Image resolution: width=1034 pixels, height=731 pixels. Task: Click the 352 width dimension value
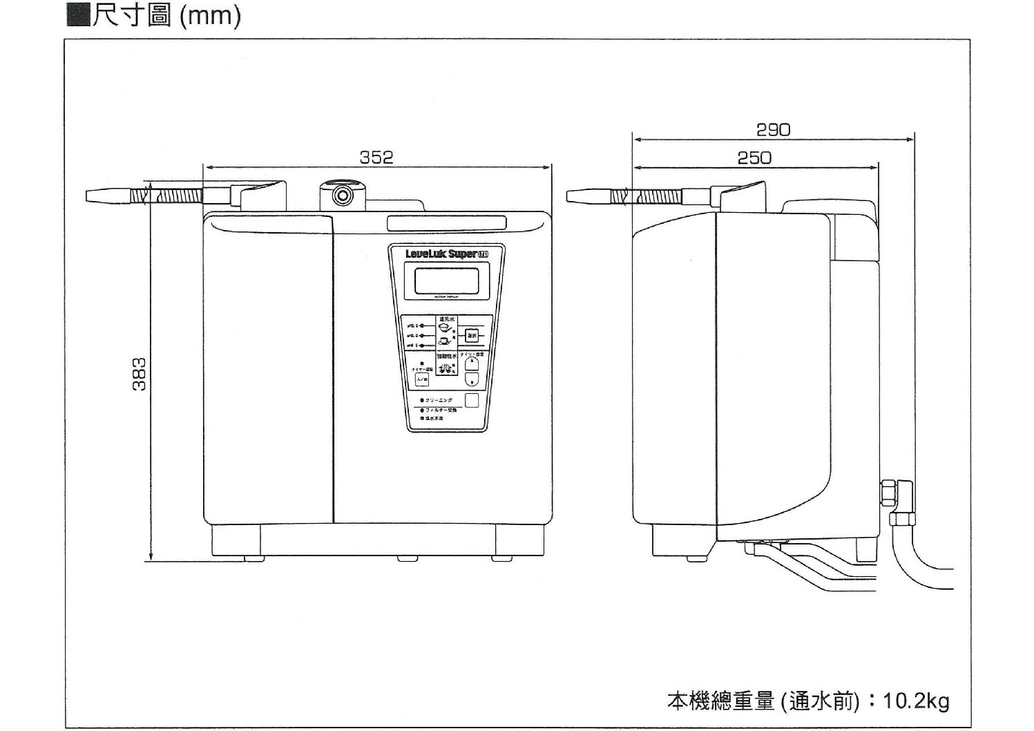click(x=376, y=158)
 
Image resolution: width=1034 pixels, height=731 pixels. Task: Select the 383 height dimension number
click(x=139, y=374)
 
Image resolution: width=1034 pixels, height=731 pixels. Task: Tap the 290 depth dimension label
click(x=773, y=130)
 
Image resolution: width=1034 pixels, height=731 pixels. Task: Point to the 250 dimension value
click(x=754, y=158)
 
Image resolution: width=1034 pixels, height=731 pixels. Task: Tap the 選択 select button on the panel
click(x=472, y=336)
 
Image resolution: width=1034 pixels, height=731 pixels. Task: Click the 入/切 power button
click(x=422, y=379)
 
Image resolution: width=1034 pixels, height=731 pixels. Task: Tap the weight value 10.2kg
click(x=916, y=701)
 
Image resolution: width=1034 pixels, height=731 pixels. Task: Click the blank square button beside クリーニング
click(x=472, y=400)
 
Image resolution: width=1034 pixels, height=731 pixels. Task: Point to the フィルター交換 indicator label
click(x=438, y=410)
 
